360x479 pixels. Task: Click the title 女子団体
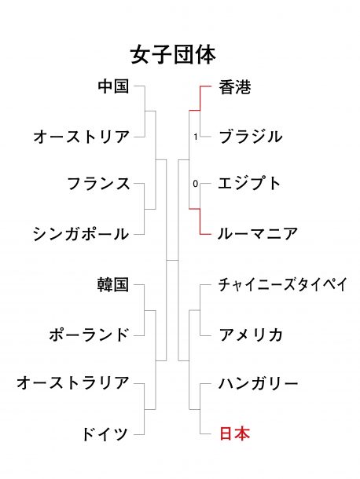173,55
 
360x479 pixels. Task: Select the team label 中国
113,86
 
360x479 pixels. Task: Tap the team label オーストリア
82,137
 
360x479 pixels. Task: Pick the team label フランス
98,184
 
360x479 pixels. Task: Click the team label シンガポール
81,234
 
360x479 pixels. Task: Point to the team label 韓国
113,284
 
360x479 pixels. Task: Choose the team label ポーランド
89,335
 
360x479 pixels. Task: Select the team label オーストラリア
73,382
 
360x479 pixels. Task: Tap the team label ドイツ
105,433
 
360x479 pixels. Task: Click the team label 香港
235,87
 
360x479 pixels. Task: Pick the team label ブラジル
251,137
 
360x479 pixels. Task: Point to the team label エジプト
249,184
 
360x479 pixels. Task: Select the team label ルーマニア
258,234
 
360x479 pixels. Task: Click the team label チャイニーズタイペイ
283,284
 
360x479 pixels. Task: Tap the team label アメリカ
251,335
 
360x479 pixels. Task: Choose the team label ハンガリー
259,383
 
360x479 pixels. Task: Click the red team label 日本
235,433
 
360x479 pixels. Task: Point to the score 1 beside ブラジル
196,137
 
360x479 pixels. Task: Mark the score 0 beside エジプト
196,184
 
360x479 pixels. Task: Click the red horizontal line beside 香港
205,86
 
